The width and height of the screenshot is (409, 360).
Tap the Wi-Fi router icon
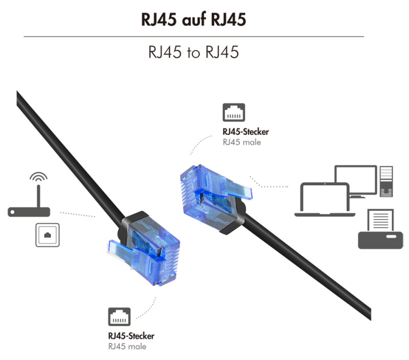click(x=29, y=207)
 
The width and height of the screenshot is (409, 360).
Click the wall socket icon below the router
click(x=47, y=235)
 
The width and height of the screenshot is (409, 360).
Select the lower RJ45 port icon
click(x=119, y=317)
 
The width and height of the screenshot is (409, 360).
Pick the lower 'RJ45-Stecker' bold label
click(x=131, y=336)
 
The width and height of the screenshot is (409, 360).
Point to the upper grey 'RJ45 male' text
click(x=241, y=142)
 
